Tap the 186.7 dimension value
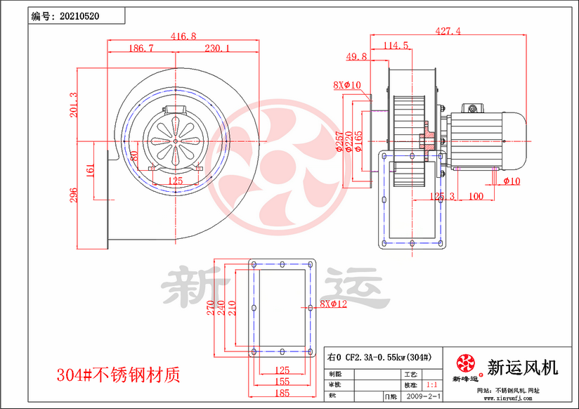pyautogui.click(x=141, y=48)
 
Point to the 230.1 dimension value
pyautogui.click(x=216, y=48)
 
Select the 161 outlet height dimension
pyautogui.click(x=90, y=170)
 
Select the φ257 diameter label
pyautogui.click(x=340, y=142)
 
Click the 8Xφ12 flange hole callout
pyautogui.click(x=333, y=304)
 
